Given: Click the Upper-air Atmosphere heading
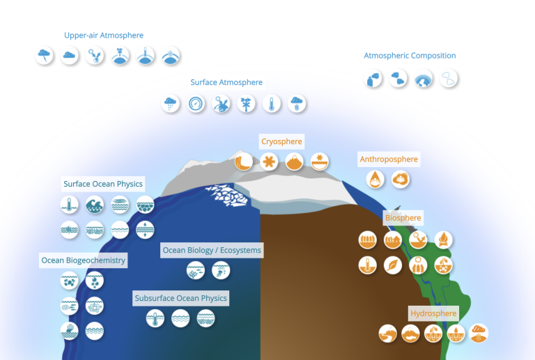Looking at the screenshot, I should (104, 35).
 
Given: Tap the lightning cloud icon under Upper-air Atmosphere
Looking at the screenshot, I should (45, 56).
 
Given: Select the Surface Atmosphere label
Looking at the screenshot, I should (226, 82).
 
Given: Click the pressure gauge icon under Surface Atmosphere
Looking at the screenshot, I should (196, 104).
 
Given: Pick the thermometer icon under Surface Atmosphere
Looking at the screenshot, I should (272, 104).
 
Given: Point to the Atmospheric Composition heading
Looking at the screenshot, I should (410, 56).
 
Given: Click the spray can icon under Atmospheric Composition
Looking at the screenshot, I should (374, 79).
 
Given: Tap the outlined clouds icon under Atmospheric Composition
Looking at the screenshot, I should (449, 79).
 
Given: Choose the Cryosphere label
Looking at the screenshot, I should (281, 141).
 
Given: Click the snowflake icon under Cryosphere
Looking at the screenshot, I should (268, 162).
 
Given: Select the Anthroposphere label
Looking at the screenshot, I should (389, 159).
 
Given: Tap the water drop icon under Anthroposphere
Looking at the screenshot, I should (375, 180).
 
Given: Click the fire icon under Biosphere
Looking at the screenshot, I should (443, 240).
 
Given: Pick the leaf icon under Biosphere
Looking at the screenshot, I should (393, 265).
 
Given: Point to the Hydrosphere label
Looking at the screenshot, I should (433, 313).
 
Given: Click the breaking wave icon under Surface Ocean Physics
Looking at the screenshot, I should (95, 205).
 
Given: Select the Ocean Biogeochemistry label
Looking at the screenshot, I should (84, 260).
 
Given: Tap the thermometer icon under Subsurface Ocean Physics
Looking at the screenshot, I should (155, 319).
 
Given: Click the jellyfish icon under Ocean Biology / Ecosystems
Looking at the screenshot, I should (221, 270).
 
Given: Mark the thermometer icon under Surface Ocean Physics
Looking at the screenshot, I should (70, 205).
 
